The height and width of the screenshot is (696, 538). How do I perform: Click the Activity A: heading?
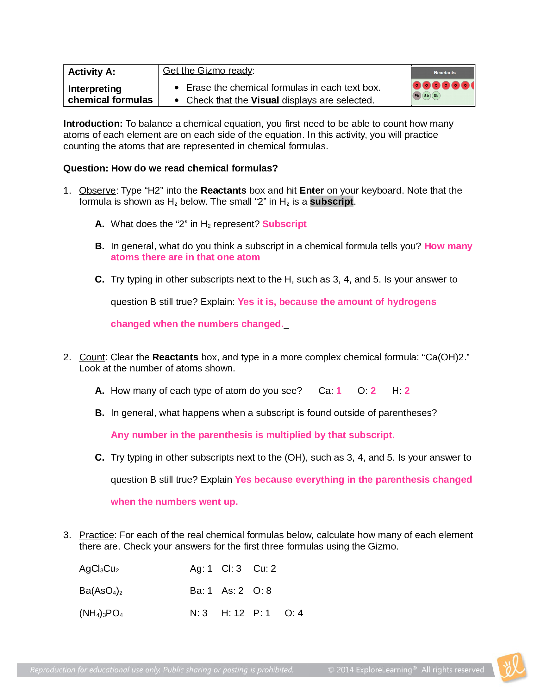tap(91, 72)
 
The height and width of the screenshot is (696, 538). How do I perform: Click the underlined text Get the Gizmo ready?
tap(208, 71)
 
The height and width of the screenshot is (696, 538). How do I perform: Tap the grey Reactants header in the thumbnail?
tap(444, 73)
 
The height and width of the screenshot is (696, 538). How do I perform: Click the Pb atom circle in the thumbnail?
tap(416, 96)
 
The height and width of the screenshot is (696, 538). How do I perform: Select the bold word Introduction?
tap(93, 124)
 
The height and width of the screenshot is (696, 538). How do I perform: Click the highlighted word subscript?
tap(331, 202)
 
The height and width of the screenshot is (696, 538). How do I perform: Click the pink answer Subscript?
tap(284, 224)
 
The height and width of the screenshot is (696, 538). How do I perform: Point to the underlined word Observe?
tap(97, 190)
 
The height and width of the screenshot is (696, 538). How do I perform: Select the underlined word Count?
tap(92, 357)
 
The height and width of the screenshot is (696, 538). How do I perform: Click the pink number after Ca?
tap(339, 391)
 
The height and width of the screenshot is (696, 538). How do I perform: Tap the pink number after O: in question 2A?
tap(373, 391)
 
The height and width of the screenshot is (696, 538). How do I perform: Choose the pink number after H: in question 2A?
tap(407, 391)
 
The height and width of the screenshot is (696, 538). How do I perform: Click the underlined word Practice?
tap(96, 535)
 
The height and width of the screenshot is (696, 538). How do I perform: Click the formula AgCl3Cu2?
tap(99, 569)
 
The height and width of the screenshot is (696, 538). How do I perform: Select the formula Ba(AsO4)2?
tap(100, 591)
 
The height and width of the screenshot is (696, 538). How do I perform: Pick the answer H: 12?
tap(233, 613)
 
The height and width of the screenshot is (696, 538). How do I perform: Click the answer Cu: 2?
tap(264, 569)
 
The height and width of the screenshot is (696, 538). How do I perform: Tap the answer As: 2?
tap(232, 591)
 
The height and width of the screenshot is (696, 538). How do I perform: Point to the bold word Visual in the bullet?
tap(265, 100)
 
